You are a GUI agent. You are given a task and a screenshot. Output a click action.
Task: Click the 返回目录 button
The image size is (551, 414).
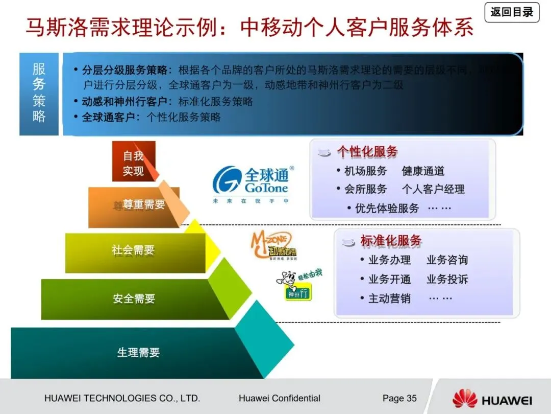[512, 12]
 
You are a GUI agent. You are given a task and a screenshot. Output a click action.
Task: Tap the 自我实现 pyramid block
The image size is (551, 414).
[134, 162]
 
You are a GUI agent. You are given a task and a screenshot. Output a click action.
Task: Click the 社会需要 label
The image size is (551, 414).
[133, 250]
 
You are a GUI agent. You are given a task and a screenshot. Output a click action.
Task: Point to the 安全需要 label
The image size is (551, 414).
[134, 298]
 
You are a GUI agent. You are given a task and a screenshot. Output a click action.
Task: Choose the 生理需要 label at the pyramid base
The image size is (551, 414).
[138, 353]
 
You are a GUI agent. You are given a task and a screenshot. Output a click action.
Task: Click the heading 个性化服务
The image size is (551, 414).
[367, 152]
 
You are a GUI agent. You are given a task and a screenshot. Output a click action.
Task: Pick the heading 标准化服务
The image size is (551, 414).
[391, 241]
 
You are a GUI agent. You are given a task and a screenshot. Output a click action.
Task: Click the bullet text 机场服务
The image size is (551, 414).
[365, 171]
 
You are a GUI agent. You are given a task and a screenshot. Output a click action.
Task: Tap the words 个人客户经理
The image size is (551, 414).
[433, 190]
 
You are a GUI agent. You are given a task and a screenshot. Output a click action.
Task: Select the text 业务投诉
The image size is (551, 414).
[447, 280]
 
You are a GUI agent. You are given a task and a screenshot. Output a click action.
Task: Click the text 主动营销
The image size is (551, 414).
[389, 298]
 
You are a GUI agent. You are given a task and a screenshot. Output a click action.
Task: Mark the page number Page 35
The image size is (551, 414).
[399, 398]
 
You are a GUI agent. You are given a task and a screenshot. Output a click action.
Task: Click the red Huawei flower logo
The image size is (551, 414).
[464, 399]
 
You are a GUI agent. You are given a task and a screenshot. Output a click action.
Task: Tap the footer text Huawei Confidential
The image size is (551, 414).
[279, 398]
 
